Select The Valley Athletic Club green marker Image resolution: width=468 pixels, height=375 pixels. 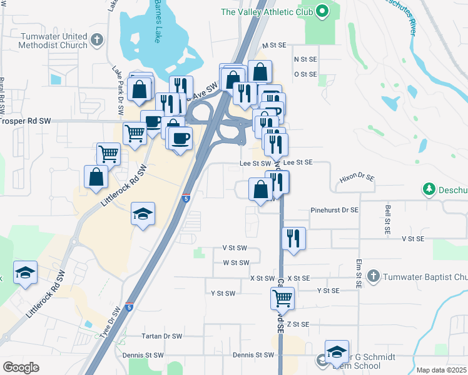(323, 11)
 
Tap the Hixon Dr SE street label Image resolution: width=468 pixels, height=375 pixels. (357, 179)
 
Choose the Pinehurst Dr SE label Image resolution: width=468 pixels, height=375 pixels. (335, 211)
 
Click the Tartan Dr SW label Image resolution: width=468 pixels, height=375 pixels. (162, 336)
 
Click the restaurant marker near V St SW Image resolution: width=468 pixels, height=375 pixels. (293, 238)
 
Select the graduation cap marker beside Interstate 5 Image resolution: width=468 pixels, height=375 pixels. (143, 214)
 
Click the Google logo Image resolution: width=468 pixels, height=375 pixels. (21, 367)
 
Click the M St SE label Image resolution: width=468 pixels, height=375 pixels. (274, 46)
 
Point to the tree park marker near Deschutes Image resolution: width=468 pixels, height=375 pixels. (429, 188)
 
